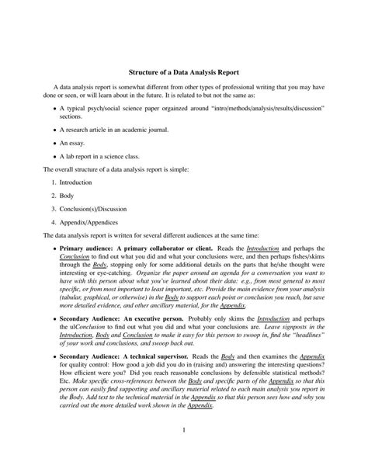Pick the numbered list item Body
67,196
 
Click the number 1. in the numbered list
54,182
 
